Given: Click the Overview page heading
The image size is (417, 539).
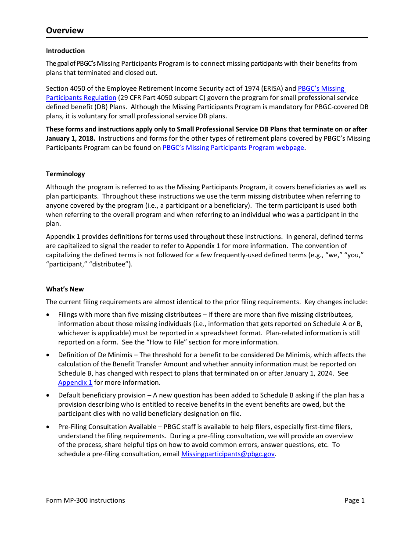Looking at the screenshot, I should [x=65, y=30].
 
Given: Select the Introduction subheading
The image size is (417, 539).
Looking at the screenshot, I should [x=65, y=51].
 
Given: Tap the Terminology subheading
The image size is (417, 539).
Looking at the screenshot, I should [x=65, y=174].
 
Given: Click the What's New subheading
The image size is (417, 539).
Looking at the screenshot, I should [x=65, y=289].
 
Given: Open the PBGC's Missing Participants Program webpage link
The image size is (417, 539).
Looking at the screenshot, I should [x=233, y=148].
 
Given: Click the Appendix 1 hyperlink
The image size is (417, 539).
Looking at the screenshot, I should [x=75, y=383].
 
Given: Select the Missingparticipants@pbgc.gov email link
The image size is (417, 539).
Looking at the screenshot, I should [x=228, y=454].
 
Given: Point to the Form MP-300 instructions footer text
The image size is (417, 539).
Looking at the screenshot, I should [x=85, y=500].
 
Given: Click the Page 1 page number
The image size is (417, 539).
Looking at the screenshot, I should [x=354, y=500].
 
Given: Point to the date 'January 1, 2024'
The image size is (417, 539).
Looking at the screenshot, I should [x=313, y=373].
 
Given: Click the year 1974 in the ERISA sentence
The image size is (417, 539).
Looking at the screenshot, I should [x=252, y=89].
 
